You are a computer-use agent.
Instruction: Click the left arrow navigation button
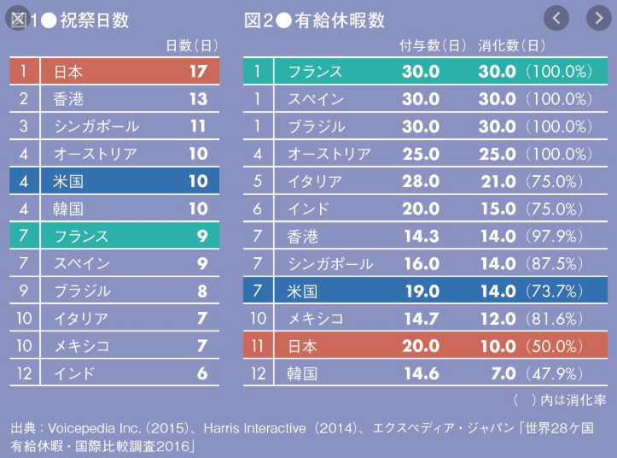(556, 17)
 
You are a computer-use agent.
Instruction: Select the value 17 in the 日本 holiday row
(197, 71)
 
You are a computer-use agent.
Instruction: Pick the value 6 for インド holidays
(201, 373)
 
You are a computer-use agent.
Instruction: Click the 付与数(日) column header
(433, 45)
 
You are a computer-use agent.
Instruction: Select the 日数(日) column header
(193, 45)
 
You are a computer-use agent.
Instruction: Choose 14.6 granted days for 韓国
(421, 373)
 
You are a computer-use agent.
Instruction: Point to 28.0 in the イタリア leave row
(421, 181)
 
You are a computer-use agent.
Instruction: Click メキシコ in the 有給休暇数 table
(316, 319)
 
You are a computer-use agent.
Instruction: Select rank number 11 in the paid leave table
(258, 346)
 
